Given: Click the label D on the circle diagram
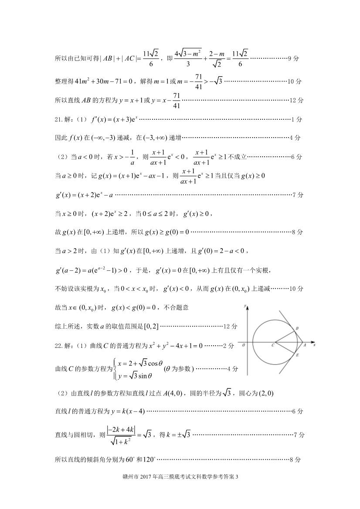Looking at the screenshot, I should click(297, 328).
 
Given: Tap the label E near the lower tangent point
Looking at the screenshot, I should click(297, 355).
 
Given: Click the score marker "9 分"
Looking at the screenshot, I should click(295, 58).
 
